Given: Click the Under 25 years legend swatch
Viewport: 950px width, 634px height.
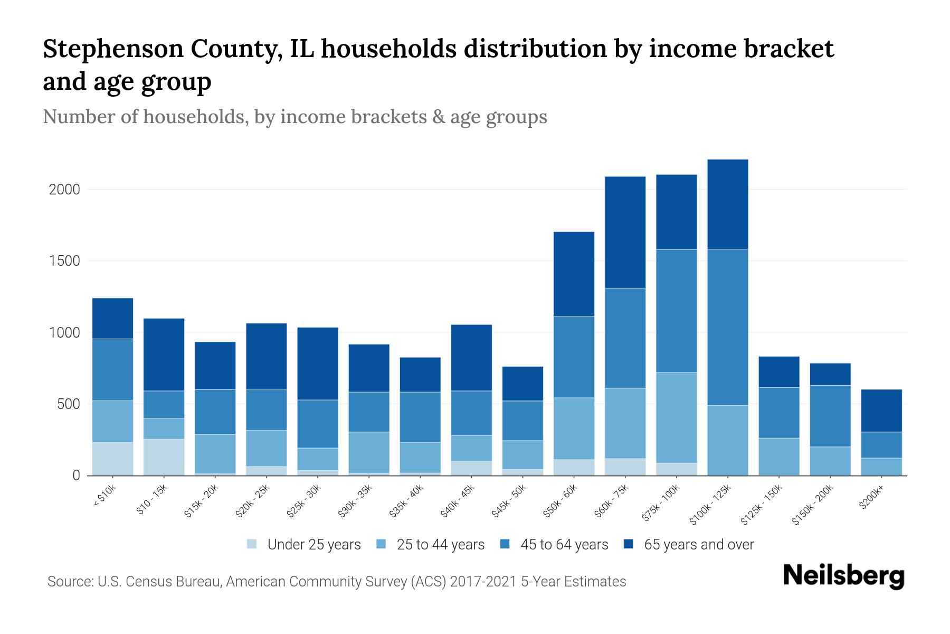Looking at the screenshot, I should tap(252, 544).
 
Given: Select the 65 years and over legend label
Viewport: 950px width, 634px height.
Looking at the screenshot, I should tap(699, 544).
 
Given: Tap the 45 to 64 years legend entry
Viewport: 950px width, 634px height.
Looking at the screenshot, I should tap(564, 544).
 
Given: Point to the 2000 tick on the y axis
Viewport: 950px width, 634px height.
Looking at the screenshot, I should tap(64, 189).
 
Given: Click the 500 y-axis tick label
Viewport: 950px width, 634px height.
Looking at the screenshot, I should tap(69, 404).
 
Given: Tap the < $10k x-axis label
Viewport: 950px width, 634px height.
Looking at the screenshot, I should tap(104, 496).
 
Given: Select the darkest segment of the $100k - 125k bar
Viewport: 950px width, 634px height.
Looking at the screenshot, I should tap(728, 204).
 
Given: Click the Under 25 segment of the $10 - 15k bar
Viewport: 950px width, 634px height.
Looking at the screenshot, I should tap(164, 457).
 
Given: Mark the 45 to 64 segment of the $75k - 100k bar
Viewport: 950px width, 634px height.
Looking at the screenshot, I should tap(676, 311).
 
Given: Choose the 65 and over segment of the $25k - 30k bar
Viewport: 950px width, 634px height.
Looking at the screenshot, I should tap(317, 363).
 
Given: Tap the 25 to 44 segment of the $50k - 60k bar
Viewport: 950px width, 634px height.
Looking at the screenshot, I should tap(574, 428).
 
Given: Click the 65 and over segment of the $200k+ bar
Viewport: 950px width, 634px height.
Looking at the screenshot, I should tap(881, 411).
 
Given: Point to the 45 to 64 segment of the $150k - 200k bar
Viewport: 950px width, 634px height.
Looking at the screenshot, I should tap(830, 416).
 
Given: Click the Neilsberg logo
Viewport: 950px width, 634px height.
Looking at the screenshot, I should tap(843, 576).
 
